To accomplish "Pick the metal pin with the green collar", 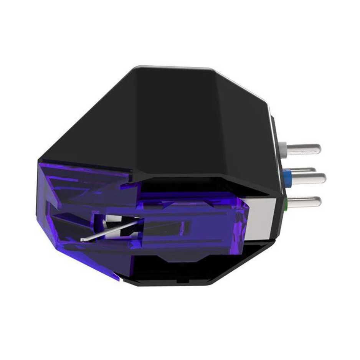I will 305,201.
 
